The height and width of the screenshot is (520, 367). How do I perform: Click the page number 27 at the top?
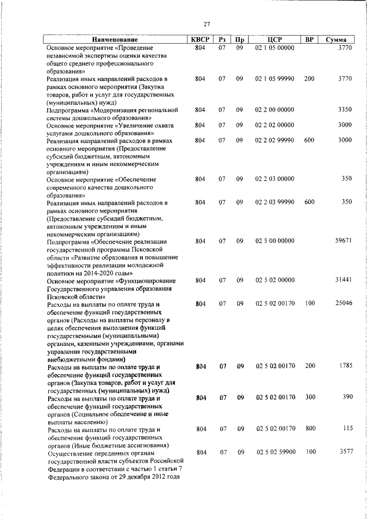pos(206,24)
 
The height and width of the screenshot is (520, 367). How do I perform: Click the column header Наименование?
pos(115,40)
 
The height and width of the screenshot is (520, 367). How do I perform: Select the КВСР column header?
pos(200,40)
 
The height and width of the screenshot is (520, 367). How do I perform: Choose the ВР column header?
pos(310,40)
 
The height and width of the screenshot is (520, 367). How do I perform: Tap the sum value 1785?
pos(345,365)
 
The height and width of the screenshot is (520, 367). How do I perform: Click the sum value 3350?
pos(345,109)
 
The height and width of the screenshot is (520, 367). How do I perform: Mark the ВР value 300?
pos(310,397)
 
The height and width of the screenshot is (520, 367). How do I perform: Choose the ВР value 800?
pos(310,429)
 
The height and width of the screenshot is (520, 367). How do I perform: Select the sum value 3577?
pos(345,452)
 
